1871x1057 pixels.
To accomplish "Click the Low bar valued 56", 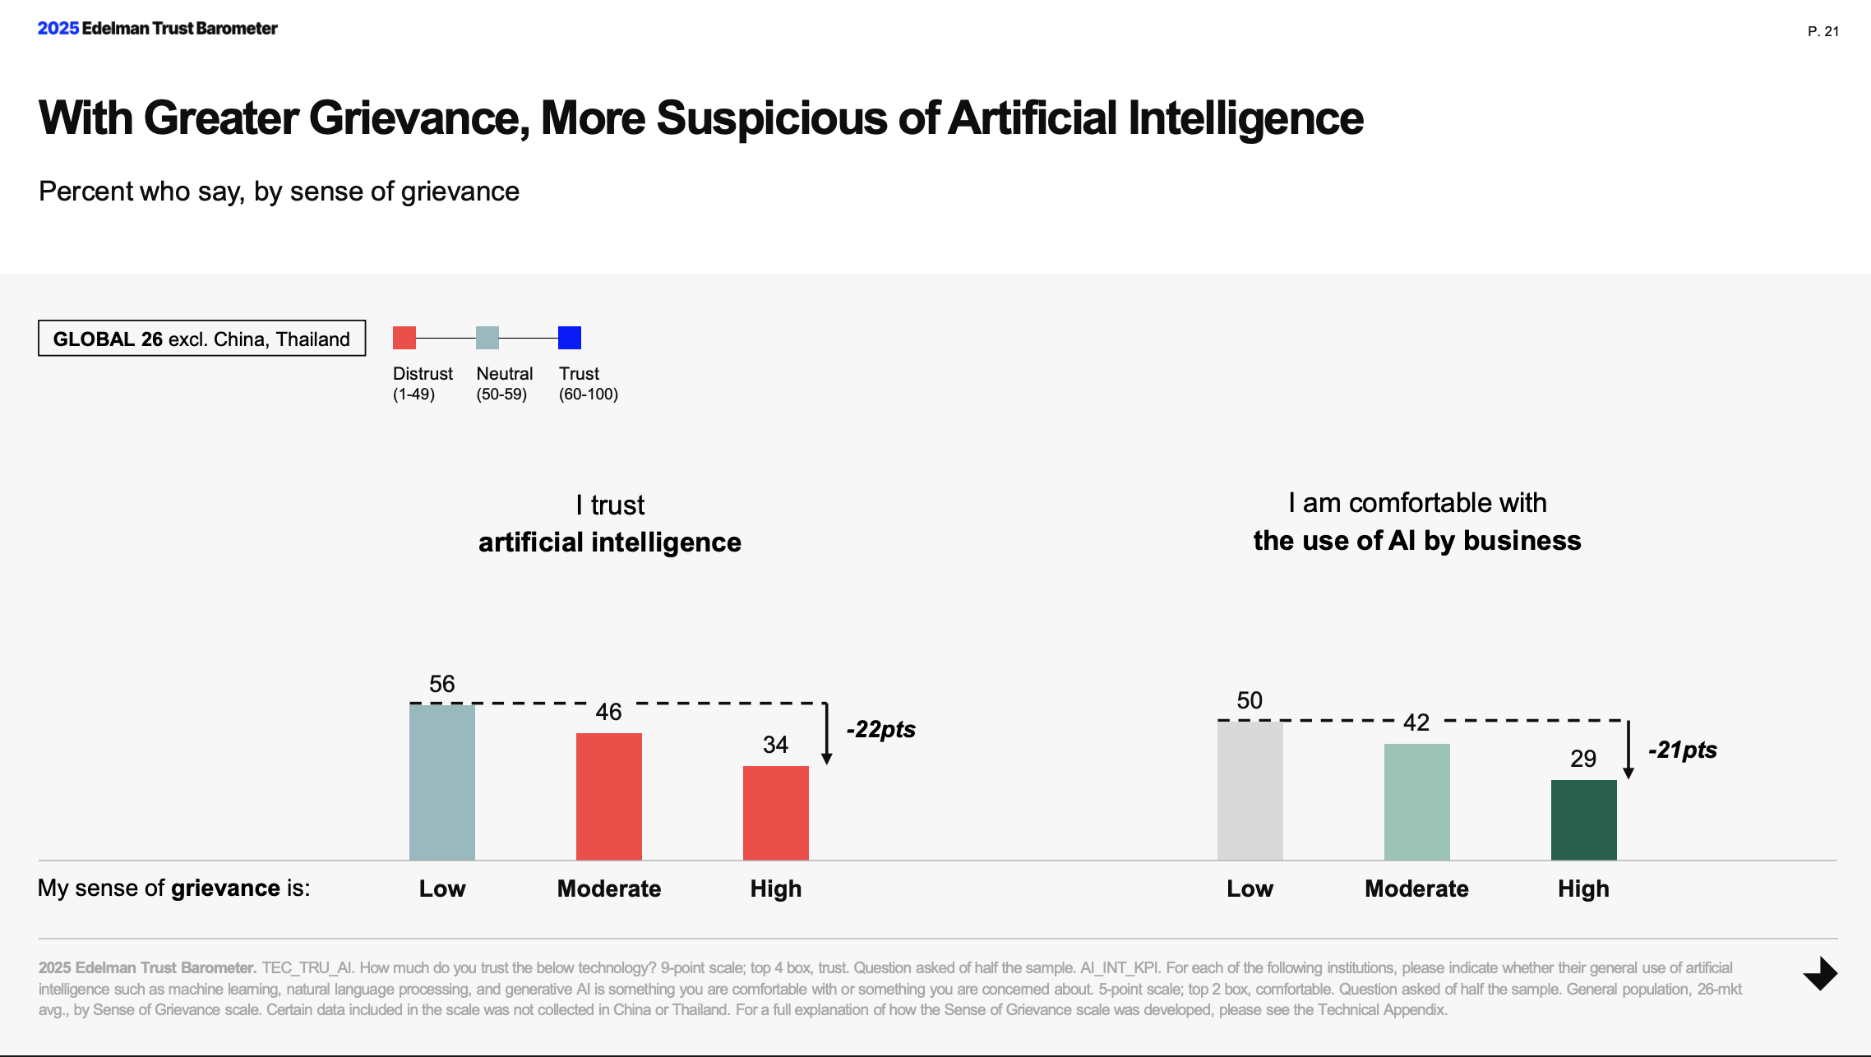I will (x=442, y=782).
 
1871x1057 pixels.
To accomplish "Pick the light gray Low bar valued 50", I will (x=1250, y=790).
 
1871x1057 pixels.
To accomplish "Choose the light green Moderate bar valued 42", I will (x=1416, y=801).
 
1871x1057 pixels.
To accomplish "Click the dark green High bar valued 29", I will (x=1583, y=819).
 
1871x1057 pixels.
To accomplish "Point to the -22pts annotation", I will (x=880, y=729).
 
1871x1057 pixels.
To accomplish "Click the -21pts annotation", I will (x=1682, y=750).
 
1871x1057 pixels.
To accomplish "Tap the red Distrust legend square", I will (x=404, y=338).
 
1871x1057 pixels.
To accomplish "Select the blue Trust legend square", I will (x=570, y=338).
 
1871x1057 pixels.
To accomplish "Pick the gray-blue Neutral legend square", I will (x=487, y=338).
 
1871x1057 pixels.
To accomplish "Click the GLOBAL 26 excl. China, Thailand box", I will (x=201, y=339).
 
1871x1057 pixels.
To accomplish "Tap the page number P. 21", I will (x=1822, y=31).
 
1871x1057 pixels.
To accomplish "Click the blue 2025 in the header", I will (x=58, y=28).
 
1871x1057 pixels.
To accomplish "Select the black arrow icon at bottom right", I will (x=1821, y=974).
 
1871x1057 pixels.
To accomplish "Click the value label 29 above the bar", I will (x=1583, y=758).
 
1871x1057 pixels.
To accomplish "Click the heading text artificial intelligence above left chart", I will (x=609, y=542).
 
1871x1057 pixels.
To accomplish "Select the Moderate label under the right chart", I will (x=1416, y=889).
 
